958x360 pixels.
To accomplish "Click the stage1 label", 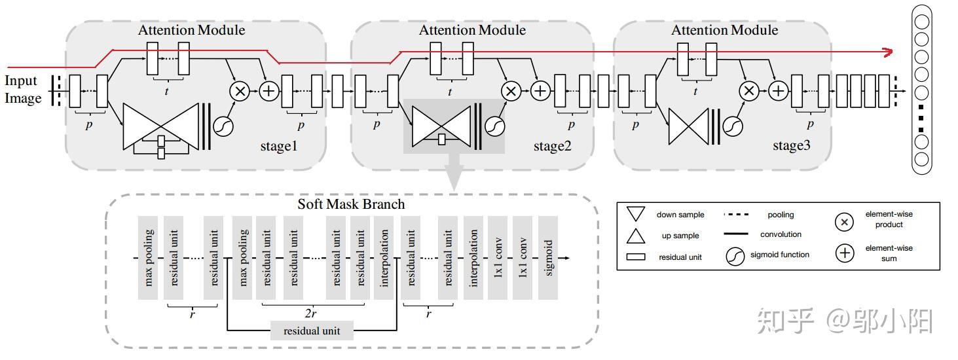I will click(x=278, y=146).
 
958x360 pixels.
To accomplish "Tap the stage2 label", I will click(x=552, y=146).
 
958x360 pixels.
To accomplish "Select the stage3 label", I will click(x=792, y=146).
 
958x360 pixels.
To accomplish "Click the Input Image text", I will click(x=23, y=90).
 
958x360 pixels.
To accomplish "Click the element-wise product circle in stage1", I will click(x=240, y=92).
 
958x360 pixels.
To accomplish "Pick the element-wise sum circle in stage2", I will click(x=540, y=91).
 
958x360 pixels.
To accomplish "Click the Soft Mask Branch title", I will click(x=351, y=204).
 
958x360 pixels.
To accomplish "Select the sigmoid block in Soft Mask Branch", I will click(x=548, y=258).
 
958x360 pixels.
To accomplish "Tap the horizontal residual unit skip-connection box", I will click(x=312, y=331).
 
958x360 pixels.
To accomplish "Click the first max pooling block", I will click(x=149, y=258).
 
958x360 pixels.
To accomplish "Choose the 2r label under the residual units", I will click(x=311, y=314).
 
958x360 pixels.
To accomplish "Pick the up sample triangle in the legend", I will click(x=636, y=236).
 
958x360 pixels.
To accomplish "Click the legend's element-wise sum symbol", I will click(x=845, y=253).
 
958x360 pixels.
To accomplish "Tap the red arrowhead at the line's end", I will click(x=887, y=52).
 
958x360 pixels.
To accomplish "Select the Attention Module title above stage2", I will click(x=472, y=30).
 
